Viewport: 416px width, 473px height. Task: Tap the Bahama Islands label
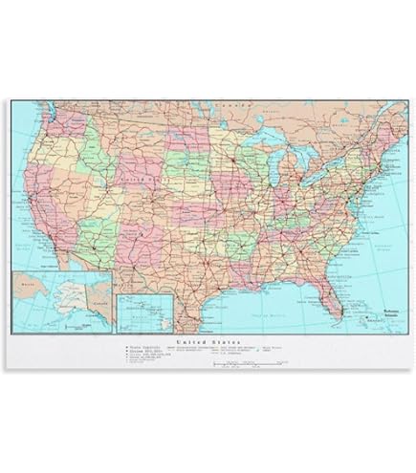pos(376,312)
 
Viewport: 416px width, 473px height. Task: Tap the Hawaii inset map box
pos(142,312)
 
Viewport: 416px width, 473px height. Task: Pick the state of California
pos(42,206)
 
